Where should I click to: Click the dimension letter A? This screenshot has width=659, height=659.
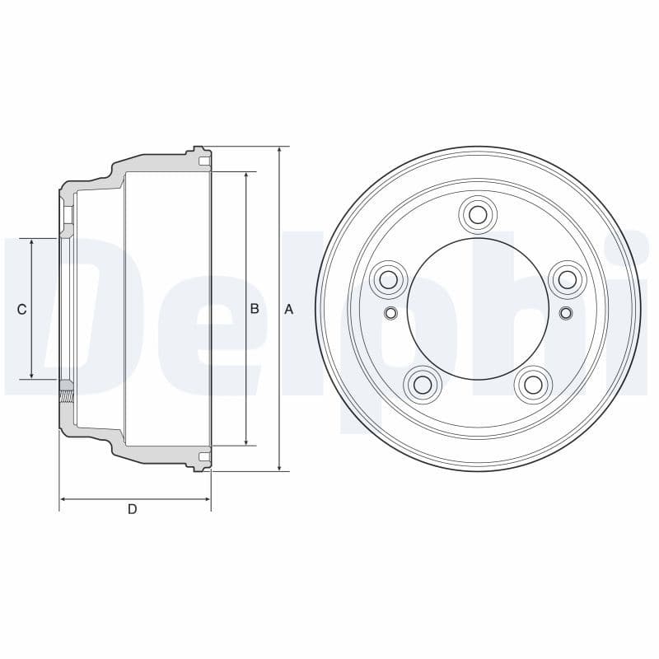[x=288, y=309]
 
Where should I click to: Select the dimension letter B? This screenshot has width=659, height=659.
[x=255, y=309]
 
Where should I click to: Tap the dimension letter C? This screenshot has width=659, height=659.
[x=22, y=309]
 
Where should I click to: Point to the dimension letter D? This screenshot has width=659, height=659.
[x=132, y=509]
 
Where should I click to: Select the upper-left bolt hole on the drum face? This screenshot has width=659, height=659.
[x=389, y=279]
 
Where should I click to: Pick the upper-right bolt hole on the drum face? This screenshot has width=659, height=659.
[x=567, y=279]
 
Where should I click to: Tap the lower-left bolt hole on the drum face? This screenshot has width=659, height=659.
[x=423, y=384]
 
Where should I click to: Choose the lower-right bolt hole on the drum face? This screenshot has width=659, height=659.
[x=533, y=384]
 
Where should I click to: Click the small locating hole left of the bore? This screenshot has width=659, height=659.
[x=390, y=312]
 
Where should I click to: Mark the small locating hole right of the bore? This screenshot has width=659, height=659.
[x=565, y=312]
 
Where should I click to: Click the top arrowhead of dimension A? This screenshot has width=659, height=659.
[x=280, y=151]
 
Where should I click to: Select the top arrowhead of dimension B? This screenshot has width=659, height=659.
[x=246, y=176]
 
